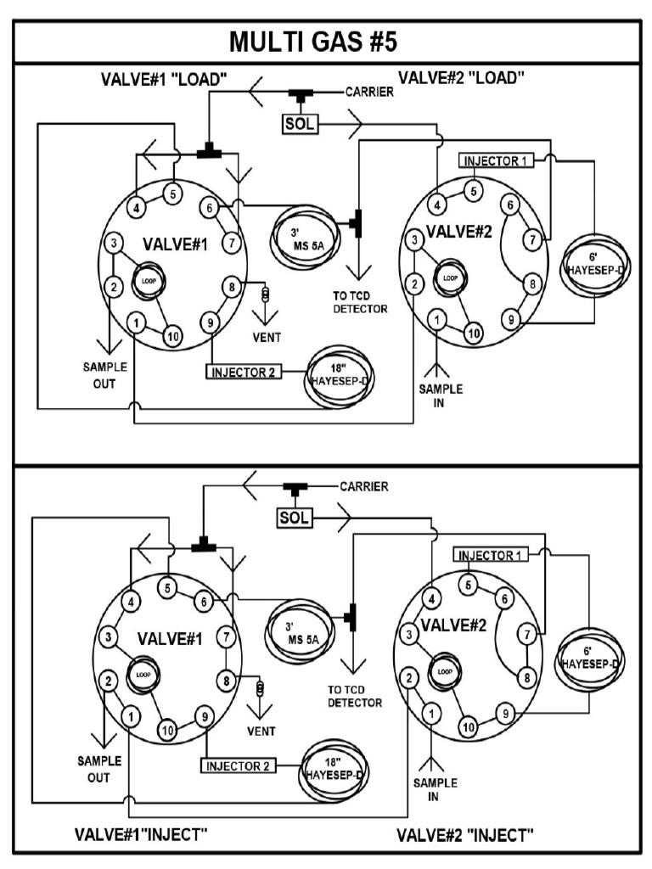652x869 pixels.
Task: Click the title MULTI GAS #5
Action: pos(326,42)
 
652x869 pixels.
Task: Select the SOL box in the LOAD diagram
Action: pos(300,124)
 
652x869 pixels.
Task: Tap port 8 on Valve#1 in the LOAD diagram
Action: pos(229,286)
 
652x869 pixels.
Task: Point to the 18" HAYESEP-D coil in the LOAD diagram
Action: pos(340,371)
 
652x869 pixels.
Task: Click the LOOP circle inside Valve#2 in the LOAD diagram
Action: pos(449,278)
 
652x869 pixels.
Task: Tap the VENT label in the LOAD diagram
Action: pos(267,337)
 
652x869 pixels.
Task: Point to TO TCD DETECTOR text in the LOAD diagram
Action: pos(360,303)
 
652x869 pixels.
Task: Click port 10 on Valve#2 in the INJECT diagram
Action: pos(467,726)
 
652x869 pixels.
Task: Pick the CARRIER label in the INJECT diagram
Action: pos(364,487)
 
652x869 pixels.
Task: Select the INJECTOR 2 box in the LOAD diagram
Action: pos(243,371)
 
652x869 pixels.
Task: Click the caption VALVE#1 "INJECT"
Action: pos(141,833)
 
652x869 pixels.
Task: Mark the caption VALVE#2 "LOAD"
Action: pos(461,78)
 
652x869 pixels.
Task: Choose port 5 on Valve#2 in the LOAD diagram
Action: pos(475,190)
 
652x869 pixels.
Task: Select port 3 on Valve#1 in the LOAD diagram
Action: pos(112,244)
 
